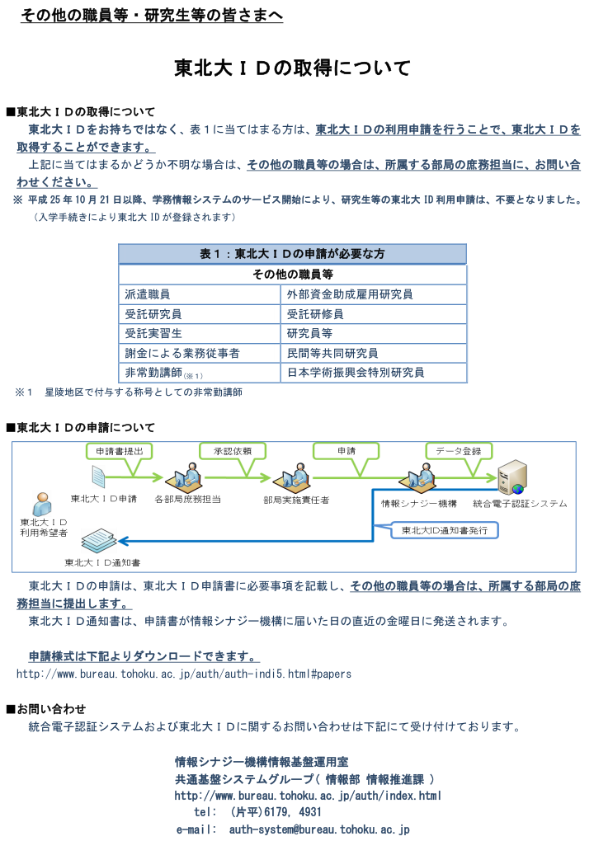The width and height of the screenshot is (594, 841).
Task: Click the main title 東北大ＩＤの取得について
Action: coord(292,68)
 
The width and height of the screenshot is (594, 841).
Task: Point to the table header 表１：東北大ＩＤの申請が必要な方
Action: coord(292,254)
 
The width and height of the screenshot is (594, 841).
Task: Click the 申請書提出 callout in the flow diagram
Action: coord(119,451)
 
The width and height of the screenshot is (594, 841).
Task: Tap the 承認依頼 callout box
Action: coord(233,451)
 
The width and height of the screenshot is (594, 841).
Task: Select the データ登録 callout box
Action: coord(459,451)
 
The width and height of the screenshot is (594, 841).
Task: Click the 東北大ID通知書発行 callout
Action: coord(445,530)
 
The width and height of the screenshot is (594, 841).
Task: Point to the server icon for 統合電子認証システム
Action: coord(511,477)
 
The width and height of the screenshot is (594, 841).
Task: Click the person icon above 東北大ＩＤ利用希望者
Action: coord(42,504)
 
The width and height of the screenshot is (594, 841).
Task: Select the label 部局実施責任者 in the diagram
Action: coord(296,500)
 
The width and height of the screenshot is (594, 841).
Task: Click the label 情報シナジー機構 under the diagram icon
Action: coord(419,504)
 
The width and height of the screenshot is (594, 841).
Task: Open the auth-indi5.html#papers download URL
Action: coord(184,674)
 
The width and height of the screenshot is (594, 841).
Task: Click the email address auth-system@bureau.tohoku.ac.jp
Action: coord(319,829)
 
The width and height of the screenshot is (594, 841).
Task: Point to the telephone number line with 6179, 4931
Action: coord(257,812)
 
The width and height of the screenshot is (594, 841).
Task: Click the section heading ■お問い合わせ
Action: coord(46,709)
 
